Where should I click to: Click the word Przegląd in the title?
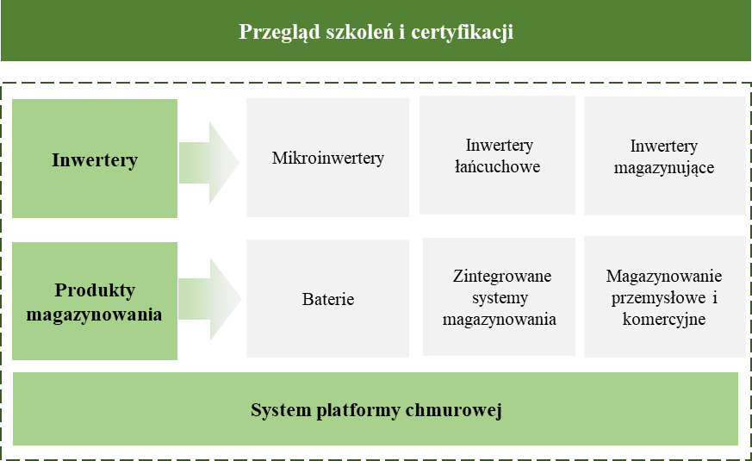[279, 32]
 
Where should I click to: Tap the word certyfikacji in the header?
[463, 32]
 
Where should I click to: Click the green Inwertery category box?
[95, 159]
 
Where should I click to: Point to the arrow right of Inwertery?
[209, 163]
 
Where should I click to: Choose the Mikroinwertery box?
[327, 158]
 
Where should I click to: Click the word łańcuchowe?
[497, 166]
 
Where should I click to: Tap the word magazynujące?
[664, 168]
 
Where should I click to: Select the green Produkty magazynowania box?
[95, 301]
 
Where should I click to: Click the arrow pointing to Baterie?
[210, 299]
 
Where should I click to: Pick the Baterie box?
[327, 298]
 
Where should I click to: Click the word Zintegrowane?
[502, 277]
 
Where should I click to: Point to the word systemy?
[500, 298]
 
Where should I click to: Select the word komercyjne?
[664, 320]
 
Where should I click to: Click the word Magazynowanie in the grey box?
[664, 276]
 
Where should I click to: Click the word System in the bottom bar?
[281, 410]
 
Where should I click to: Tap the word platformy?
[358, 411]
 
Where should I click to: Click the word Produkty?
[95, 290]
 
